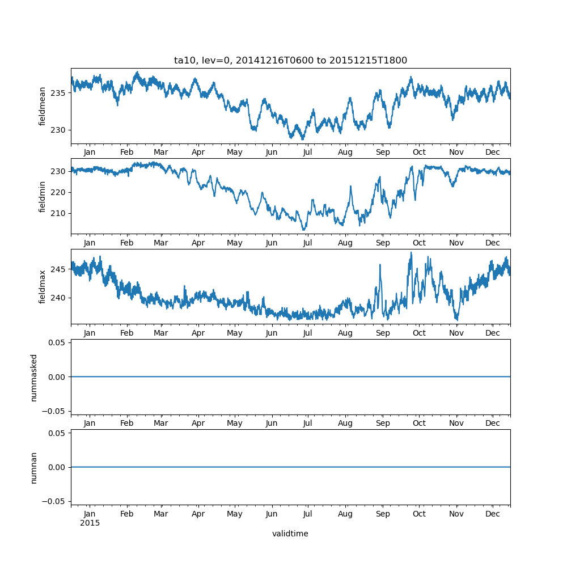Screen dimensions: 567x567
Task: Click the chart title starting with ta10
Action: pos(290,61)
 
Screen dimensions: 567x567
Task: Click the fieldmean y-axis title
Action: pos(43,106)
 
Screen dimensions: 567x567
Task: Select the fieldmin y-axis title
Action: pos(43,196)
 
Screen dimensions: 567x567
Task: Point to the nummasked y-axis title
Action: pos(34,377)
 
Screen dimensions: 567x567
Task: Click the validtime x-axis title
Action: pos(290,534)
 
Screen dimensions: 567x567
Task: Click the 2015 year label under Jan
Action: pos(90,523)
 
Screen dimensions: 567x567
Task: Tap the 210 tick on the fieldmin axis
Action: pos(58,213)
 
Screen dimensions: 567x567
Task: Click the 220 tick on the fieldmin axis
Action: pos(58,192)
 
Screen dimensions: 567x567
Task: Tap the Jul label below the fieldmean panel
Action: pos(308,153)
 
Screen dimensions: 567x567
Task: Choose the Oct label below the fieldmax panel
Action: pos(419,333)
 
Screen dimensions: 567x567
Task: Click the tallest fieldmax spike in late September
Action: pos(411,253)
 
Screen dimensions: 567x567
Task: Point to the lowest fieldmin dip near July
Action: pos(304,229)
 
